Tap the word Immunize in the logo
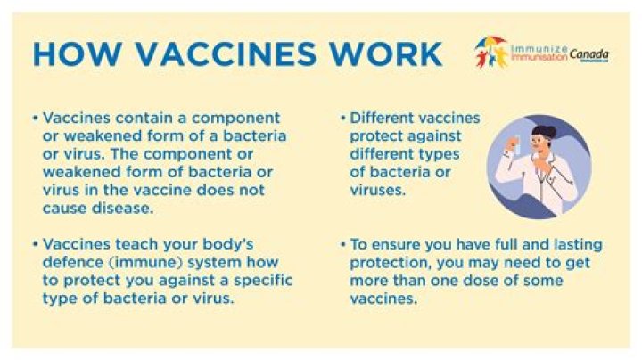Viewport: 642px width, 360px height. pyautogui.click(x=535, y=45)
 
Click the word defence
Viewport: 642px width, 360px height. pyautogui.click(x=72, y=261)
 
